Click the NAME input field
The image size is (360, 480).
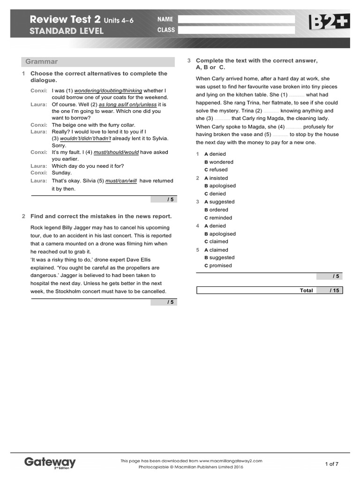(x=237, y=19)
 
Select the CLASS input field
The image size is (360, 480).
(x=237, y=30)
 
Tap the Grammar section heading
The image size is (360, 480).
(x=42, y=61)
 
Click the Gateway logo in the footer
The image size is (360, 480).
(x=50, y=463)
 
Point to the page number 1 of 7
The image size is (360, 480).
(x=332, y=464)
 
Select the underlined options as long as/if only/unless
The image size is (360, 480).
(x=127, y=105)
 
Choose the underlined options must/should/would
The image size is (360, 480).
(x=116, y=152)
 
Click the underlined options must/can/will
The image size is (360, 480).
(x=121, y=181)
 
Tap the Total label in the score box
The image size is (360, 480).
(x=306, y=291)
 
